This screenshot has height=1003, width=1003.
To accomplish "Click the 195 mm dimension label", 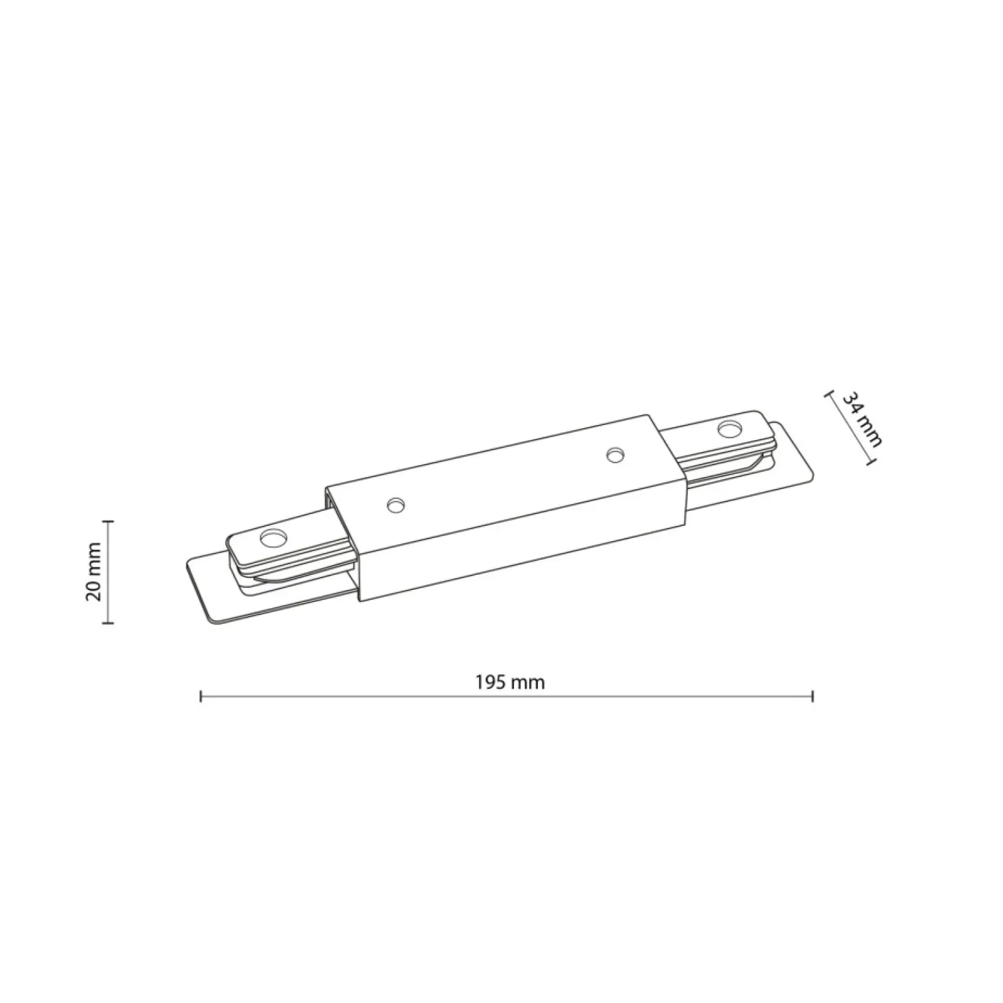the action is tap(510, 682).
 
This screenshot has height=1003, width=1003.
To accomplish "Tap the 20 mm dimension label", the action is tap(93, 572).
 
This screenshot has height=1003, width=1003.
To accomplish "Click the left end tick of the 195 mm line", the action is tap(201, 696).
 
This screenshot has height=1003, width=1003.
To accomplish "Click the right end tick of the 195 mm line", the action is tap(812, 696).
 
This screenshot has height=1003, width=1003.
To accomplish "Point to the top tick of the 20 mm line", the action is tap(108, 521).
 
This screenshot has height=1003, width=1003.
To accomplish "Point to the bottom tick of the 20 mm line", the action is tap(108, 622).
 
